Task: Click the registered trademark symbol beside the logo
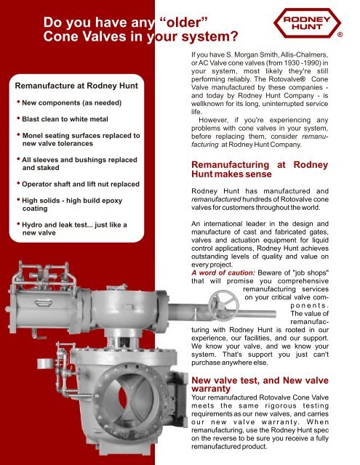[x=350, y=34]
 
